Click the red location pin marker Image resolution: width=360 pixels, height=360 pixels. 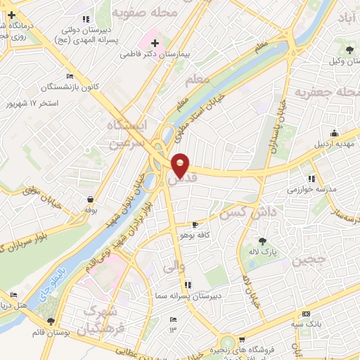click(x=181, y=165)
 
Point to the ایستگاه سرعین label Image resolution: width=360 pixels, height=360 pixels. click(x=129, y=134)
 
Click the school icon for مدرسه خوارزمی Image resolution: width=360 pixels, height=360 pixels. click(x=312, y=179)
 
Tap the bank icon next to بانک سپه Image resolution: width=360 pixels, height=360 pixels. click(x=306, y=313)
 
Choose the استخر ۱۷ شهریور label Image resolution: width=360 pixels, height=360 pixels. click(x=35, y=103)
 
